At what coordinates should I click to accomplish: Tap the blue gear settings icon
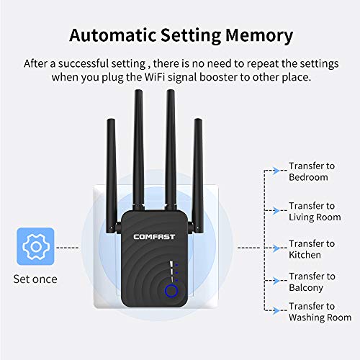coord(34,247)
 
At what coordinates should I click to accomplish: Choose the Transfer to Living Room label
coord(315,212)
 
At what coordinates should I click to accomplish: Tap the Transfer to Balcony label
coord(311,282)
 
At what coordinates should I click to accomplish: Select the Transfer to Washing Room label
coord(320,312)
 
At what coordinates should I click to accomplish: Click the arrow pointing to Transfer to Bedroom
coord(275,172)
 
